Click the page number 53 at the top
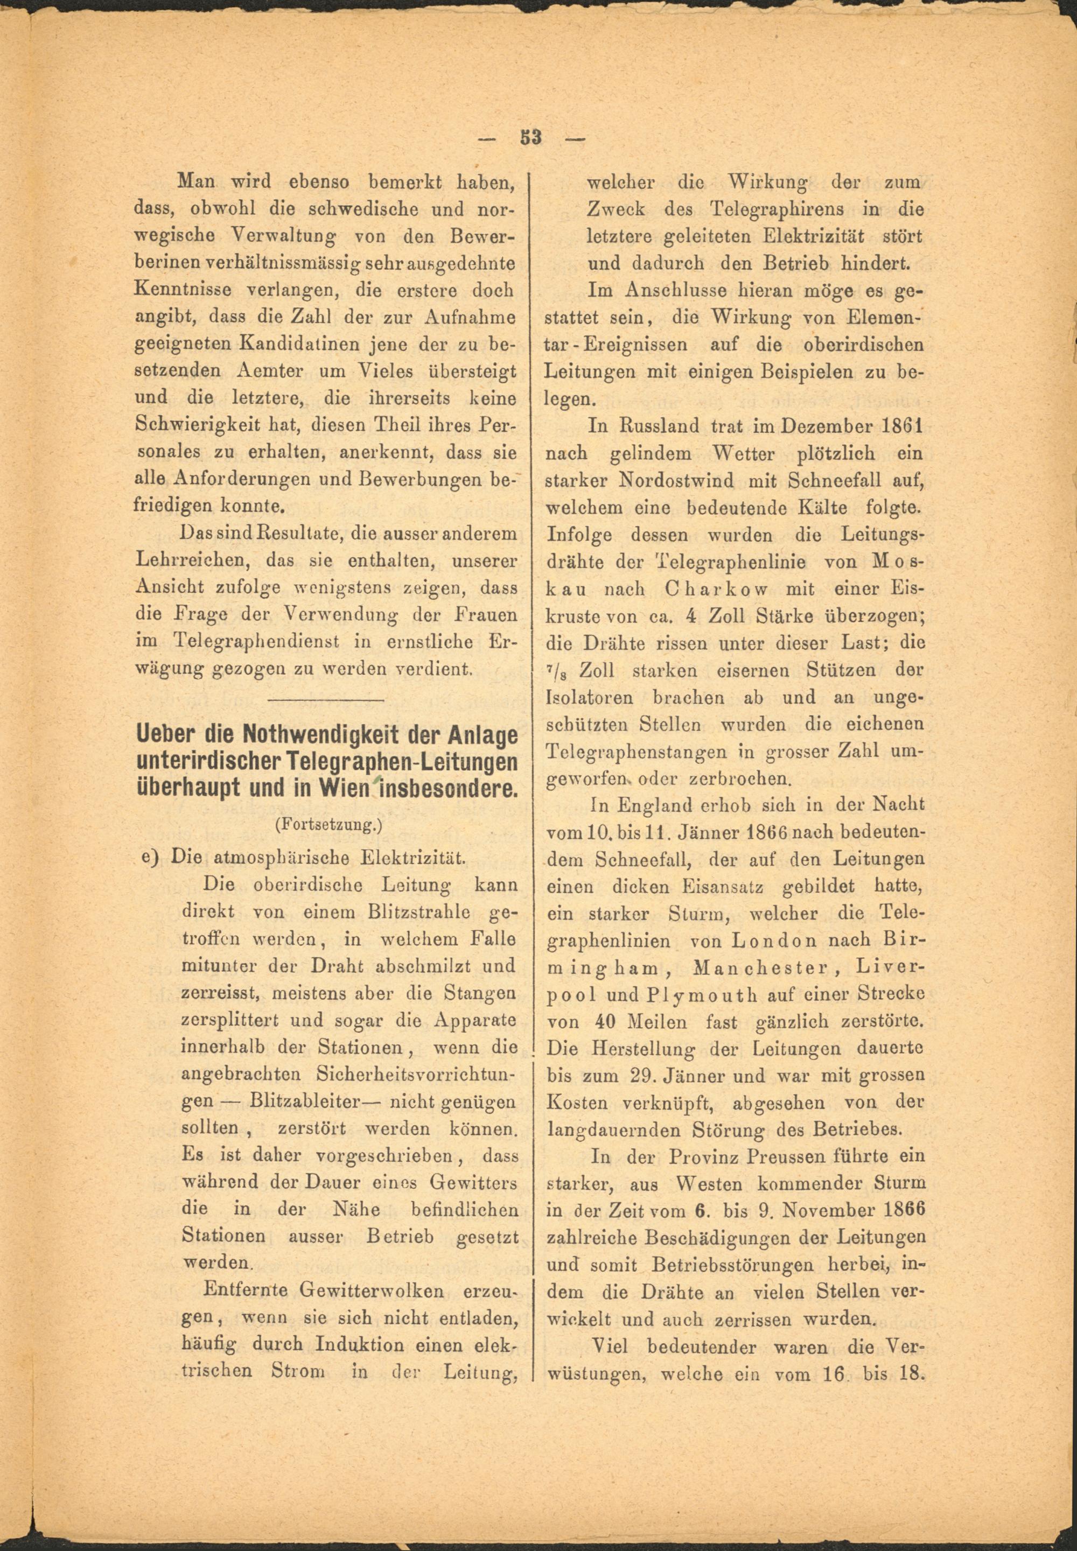click(531, 138)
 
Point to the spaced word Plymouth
click(685, 995)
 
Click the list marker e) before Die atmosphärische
click(149, 858)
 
